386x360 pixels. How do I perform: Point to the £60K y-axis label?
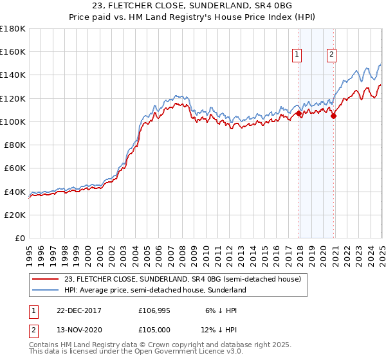tap(15, 168)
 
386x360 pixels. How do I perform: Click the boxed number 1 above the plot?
tap(298, 55)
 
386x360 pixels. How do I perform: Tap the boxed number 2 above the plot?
tap(331, 55)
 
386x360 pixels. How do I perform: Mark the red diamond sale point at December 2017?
tap(299, 114)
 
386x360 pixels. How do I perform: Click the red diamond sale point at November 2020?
tap(333, 116)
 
